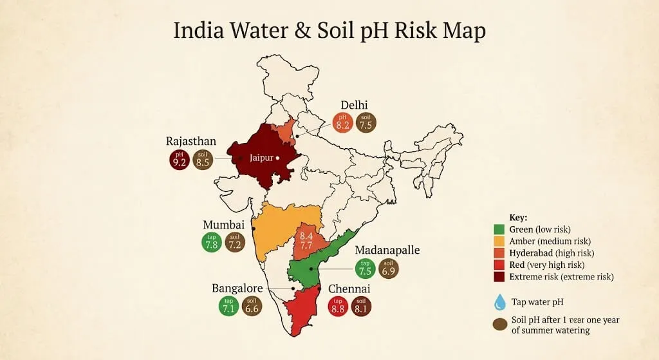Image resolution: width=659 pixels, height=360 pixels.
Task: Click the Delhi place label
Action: point(355,105)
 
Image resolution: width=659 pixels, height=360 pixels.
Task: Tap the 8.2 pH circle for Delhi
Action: point(343,122)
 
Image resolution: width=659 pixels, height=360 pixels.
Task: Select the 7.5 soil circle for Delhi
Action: point(366,122)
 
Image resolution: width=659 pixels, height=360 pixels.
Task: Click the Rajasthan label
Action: point(191,141)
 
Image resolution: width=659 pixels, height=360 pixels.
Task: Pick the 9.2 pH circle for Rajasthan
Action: point(180,160)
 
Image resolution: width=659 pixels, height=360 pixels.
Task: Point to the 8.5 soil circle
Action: point(203,160)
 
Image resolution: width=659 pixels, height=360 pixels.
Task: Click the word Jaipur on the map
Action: point(263,156)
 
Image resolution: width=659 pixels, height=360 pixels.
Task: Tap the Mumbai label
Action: point(223,225)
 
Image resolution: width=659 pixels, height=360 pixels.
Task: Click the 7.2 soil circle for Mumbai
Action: point(236,242)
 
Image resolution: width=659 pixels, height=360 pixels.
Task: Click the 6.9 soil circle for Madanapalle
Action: point(389,269)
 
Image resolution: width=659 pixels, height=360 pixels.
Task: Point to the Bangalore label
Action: point(237,288)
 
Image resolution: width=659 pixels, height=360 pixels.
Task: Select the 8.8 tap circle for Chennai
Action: point(338,307)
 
